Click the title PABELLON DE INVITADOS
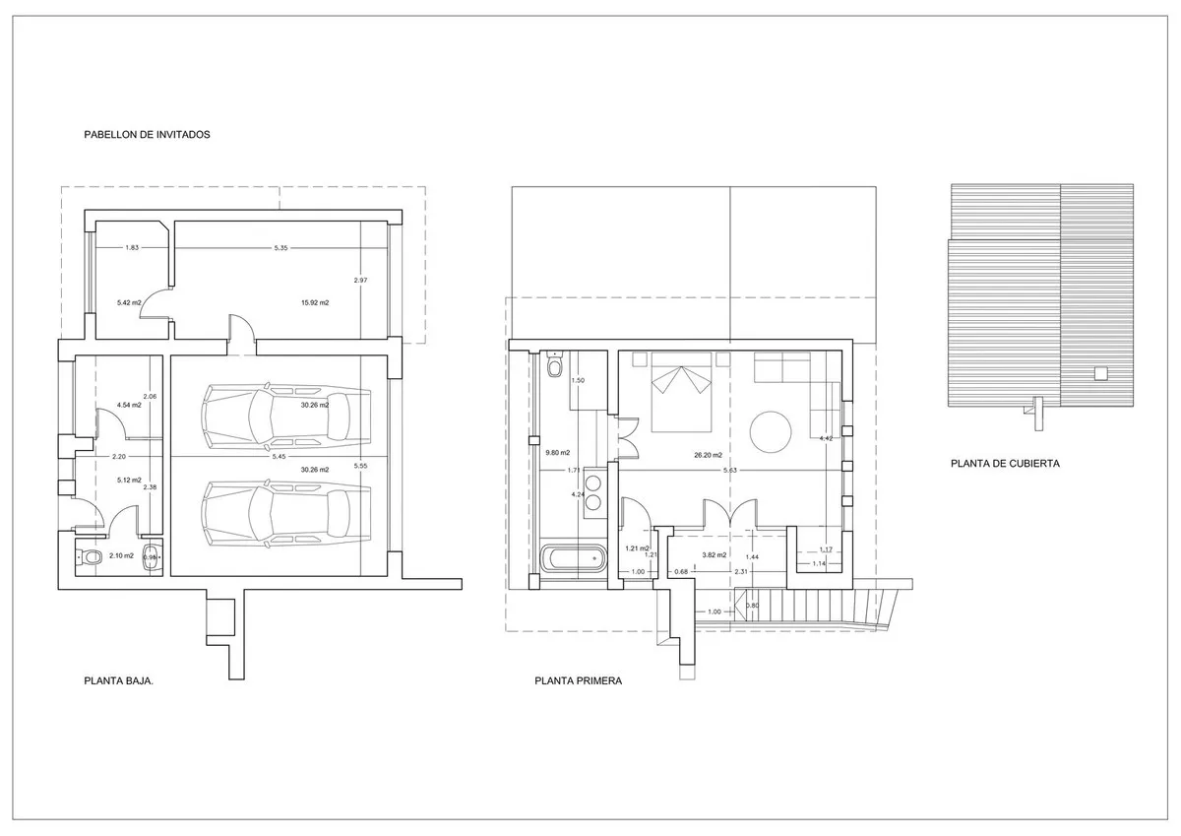coord(148,135)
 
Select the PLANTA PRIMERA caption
coord(579,679)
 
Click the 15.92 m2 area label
coord(314,302)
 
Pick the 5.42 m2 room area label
coord(129,302)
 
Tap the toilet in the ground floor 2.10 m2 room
coord(91,557)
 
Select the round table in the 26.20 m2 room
coord(773,430)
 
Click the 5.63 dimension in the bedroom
coord(729,471)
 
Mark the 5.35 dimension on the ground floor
coord(281,248)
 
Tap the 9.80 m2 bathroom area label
coord(558,454)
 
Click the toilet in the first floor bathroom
coord(554,366)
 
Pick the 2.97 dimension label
coord(360,281)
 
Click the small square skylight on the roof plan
coord(1100,371)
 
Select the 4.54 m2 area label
coord(129,405)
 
